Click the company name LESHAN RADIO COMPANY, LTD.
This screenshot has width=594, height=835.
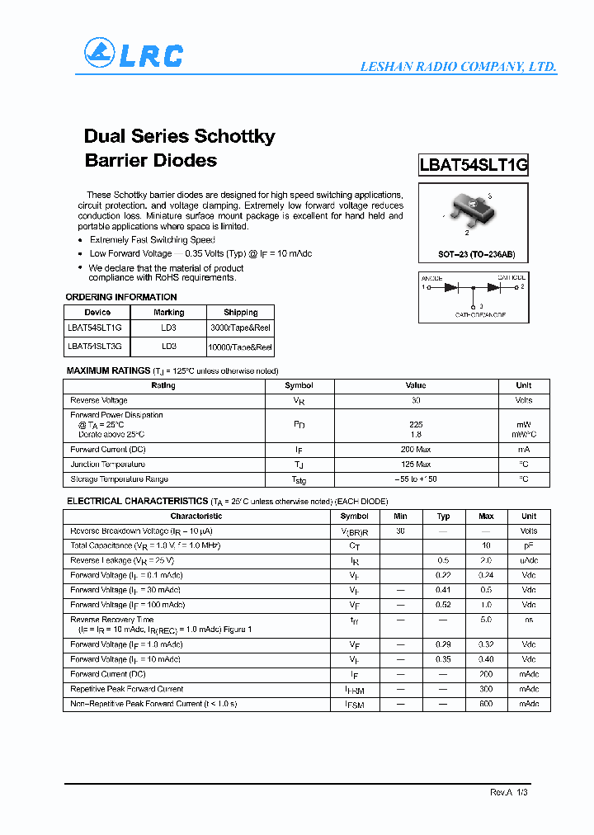[x=458, y=67]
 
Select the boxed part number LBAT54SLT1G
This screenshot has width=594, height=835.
[x=473, y=164]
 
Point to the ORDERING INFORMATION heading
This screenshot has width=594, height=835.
[x=121, y=297]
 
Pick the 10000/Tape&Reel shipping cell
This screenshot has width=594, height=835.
[x=241, y=347]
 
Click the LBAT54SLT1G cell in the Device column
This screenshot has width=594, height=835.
[x=96, y=328]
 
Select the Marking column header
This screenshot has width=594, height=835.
[x=168, y=313]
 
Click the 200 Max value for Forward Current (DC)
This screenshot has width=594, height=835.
[x=415, y=450]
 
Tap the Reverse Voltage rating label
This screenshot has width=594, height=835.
[x=99, y=400]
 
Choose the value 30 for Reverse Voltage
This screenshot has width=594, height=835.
[x=415, y=400]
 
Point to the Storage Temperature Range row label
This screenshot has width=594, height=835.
[x=119, y=479]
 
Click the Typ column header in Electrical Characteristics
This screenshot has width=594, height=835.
[x=443, y=517]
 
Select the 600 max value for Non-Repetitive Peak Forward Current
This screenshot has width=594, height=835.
[x=486, y=704]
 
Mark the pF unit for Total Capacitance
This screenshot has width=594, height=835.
[x=529, y=546]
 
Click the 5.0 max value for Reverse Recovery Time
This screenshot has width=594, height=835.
[x=486, y=619]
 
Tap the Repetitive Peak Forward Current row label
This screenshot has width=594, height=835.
[x=126, y=689]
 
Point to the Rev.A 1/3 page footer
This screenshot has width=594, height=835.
[x=508, y=792]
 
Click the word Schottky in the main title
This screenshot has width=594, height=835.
[x=234, y=136]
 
